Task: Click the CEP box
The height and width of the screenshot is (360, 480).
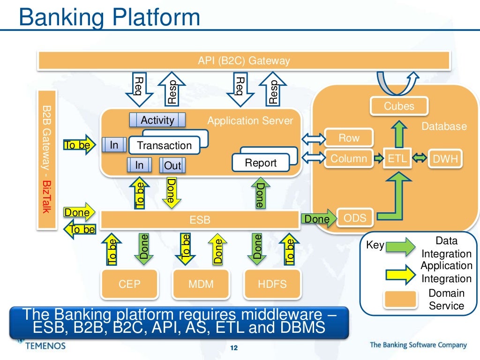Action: (x=129, y=284)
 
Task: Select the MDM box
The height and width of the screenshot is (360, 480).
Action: (x=201, y=284)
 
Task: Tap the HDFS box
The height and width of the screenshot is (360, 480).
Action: (x=272, y=284)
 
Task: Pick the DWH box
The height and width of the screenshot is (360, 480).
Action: (x=445, y=159)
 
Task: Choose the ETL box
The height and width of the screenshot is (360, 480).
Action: (x=397, y=159)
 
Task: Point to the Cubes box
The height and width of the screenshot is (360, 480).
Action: (x=399, y=106)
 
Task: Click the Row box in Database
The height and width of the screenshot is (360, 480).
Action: (x=349, y=138)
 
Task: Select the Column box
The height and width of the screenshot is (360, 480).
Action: (x=349, y=158)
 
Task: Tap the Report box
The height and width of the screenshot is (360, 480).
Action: (x=261, y=163)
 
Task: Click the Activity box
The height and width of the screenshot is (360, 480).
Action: (x=157, y=120)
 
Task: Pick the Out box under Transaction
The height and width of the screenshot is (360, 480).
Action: (x=172, y=165)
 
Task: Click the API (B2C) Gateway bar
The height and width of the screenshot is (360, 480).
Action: (x=244, y=60)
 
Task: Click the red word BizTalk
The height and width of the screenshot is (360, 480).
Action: (x=46, y=195)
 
